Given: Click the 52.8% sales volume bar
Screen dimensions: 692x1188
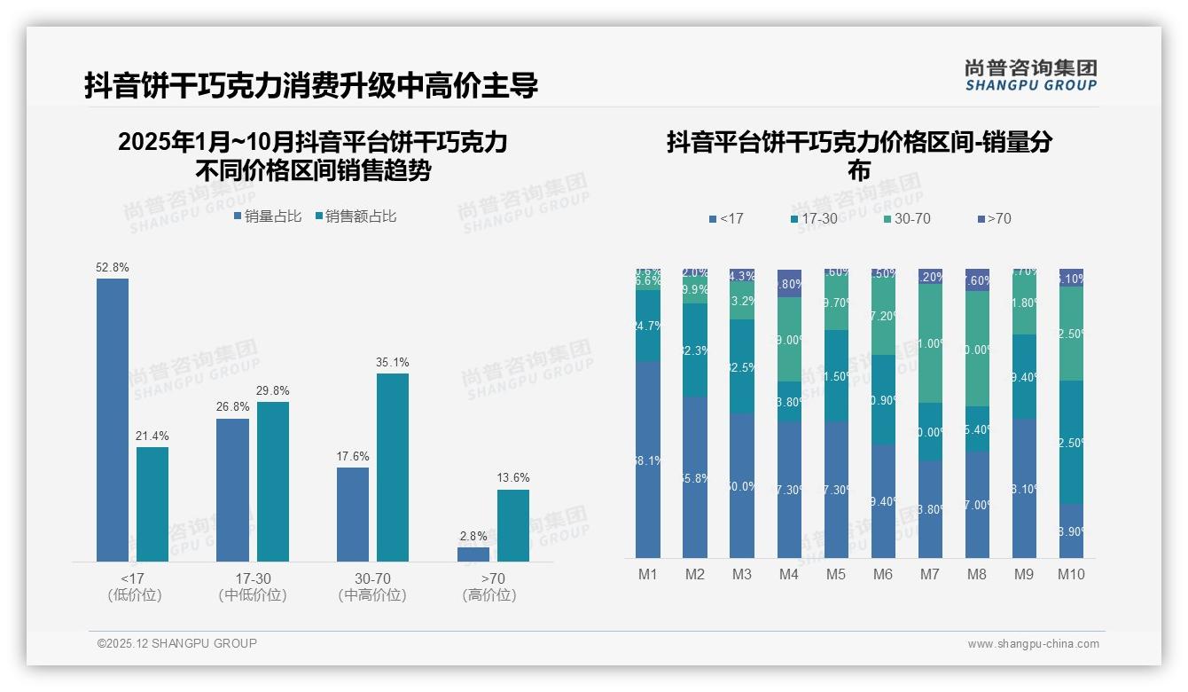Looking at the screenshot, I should (x=113, y=420).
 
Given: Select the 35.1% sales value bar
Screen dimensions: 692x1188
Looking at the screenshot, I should (x=393, y=467).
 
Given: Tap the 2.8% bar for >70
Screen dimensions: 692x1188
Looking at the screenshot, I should (x=473, y=554).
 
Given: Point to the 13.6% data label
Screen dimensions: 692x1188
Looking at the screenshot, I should (x=512, y=478).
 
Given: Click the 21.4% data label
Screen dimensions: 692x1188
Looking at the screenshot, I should (x=152, y=436).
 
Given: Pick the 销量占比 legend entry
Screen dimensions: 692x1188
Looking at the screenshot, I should (x=267, y=216).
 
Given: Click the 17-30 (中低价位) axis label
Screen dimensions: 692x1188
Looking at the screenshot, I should (x=253, y=587).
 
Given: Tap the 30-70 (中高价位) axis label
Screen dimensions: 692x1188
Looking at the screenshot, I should (x=372, y=587).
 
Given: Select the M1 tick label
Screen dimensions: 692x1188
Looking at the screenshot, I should (x=648, y=574).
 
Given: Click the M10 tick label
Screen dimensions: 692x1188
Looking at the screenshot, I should (x=1071, y=574).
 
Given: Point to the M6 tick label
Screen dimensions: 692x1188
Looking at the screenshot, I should (x=882, y=574).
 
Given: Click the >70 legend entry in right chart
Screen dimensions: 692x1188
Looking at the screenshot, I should (x=993, y=218).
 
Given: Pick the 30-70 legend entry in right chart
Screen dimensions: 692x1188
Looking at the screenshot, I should (x=906, y=218).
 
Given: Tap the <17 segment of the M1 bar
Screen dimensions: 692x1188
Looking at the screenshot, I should (x=648, y=460).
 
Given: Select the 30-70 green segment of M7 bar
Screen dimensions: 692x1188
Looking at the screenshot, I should (x=930, y=343).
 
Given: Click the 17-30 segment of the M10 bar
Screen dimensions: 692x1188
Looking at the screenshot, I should (x=1071, y=442).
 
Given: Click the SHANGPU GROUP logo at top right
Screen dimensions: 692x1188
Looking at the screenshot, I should (x=1030, y=75).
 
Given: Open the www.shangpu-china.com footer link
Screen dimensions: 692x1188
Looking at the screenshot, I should (x=1033, y=644).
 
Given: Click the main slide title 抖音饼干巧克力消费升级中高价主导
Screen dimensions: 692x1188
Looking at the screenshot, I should (x=311, y=86).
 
